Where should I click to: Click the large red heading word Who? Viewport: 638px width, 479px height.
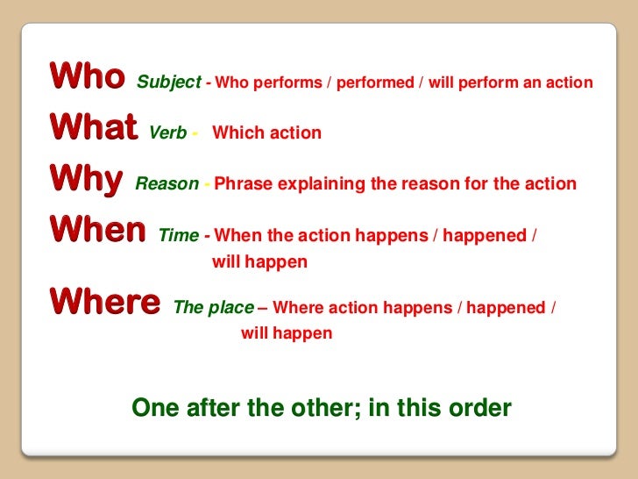[x=87, y=76]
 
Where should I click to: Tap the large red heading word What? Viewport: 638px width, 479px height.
[x=94, y=128]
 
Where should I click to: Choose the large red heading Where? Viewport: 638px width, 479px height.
[x=105, y=302]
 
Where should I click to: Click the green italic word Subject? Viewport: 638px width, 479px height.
[x=167, y=83]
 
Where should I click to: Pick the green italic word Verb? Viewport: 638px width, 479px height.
[x=168, y=133]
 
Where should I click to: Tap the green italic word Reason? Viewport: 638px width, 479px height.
[x=167, y=184]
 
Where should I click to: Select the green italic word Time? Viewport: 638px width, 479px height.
[x=179, y=235]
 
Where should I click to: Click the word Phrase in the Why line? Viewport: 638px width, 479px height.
[x=240, y=184]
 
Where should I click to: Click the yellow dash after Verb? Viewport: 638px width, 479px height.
[x=195, y=133]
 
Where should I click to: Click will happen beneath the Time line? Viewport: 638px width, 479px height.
[x=259, y=261]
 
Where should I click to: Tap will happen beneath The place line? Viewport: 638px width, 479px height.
[x=287, y=333]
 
